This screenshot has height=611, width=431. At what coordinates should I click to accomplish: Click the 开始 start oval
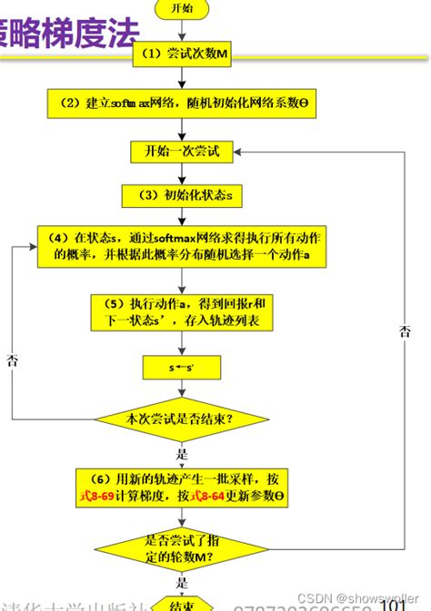point(183,8)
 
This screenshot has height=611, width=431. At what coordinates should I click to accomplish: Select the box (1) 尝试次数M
point(182,55)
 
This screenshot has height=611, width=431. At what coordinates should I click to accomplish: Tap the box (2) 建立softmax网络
point(182,103)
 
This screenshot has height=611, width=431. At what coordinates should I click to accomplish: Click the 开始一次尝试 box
point(182,151)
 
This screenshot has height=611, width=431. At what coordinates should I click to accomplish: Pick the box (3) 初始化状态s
point(182,195)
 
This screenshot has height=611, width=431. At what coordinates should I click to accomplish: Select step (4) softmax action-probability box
point(182,246)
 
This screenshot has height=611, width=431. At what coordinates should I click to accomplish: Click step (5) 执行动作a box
point(182,312)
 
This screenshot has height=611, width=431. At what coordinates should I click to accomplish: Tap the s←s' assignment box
point(182,367)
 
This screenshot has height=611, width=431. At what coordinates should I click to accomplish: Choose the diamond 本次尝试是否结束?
point(182,419)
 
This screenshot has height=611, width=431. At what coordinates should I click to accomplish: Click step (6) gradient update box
point(182,488)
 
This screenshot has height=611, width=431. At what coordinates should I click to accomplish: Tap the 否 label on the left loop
point(12,360)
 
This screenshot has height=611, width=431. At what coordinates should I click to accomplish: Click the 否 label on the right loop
point(405,331)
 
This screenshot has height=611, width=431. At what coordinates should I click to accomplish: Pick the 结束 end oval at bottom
point(181,604)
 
